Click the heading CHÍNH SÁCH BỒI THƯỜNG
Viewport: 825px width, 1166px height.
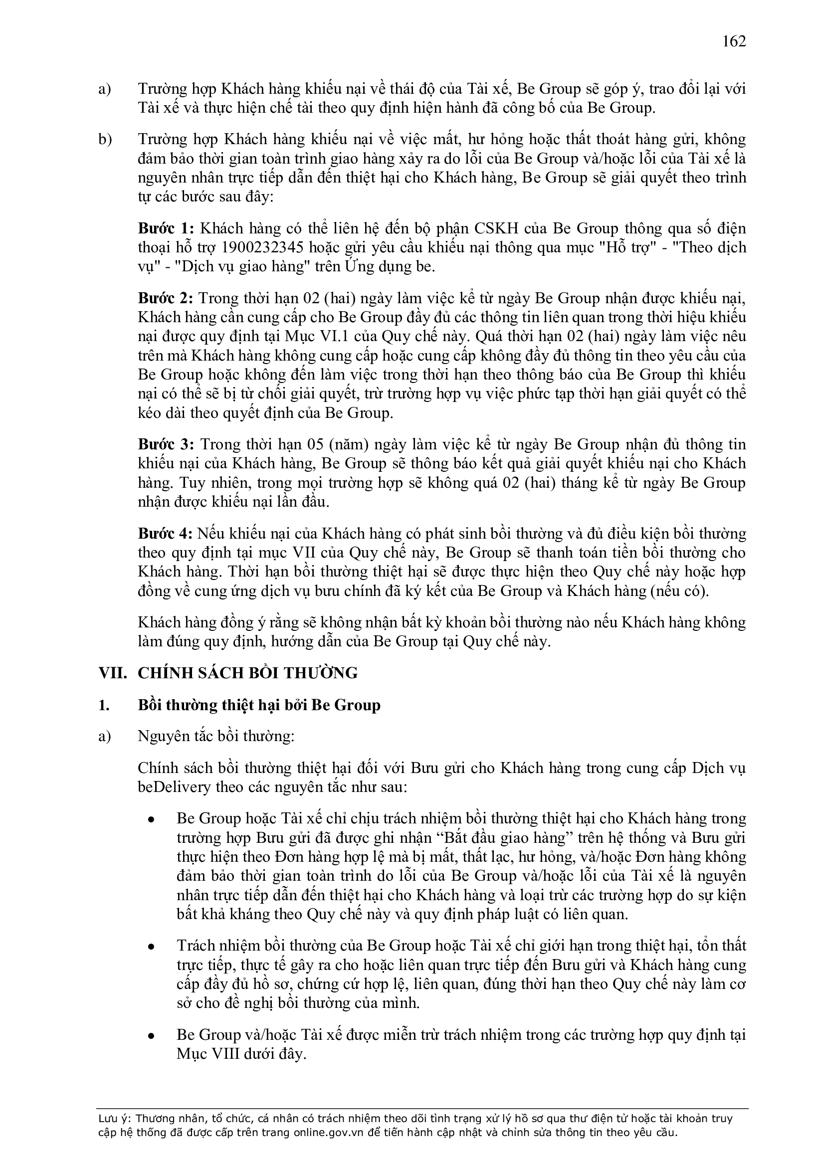pyautogui.click(x=247, y=673)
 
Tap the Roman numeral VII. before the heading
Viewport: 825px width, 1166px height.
pyautogui.click(x=111, y=673)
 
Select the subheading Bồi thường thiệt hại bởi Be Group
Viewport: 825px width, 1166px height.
pyautogui.click(x=259, y=705)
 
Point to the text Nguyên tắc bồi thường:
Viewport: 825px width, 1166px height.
pyautogui.click(x=216, y=737)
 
